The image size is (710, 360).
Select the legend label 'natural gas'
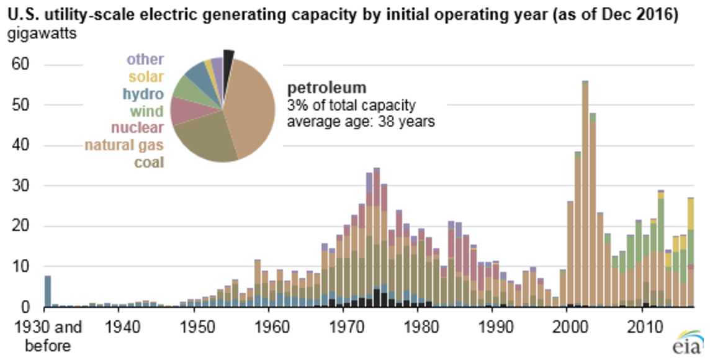(x=124, y=146)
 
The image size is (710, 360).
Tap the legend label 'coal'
(x=149, y=163)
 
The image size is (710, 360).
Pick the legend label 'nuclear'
(x=137, y=128)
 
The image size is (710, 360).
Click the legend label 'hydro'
(x=143, y=94)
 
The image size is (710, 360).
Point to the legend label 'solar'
(x=146, y=77)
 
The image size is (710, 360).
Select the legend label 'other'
(x=145, y=60)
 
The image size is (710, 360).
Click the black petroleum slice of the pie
(x=228, y=57)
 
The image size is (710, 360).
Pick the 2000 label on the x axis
(x=570, y=326)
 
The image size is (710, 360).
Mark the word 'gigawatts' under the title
(x=42, y=34)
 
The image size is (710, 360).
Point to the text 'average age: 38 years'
(x=360, y=120)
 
